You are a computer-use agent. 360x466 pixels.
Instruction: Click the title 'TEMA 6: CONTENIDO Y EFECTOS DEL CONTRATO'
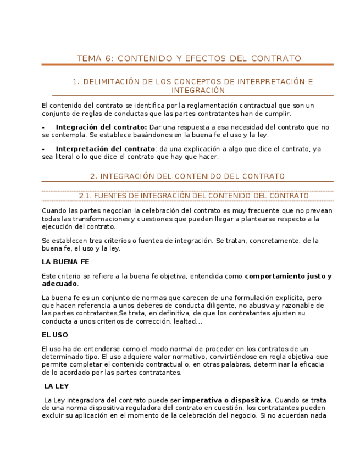189,58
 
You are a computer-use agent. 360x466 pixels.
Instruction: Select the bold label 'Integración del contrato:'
101,127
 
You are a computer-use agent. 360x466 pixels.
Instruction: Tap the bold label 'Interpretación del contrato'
106,149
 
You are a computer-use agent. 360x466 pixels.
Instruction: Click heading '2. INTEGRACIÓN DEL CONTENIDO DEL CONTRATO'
187,176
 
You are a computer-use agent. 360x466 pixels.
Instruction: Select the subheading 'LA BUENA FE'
65,262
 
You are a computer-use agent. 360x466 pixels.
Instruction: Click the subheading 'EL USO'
55,335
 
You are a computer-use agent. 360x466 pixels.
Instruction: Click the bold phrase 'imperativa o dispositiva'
226,400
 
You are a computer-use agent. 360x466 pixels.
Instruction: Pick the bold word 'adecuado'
59,284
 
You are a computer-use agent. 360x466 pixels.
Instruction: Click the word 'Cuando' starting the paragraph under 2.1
54,210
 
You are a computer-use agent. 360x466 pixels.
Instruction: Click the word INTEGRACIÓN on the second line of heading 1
198,90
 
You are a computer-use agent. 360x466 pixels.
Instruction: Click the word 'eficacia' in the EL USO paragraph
315,364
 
